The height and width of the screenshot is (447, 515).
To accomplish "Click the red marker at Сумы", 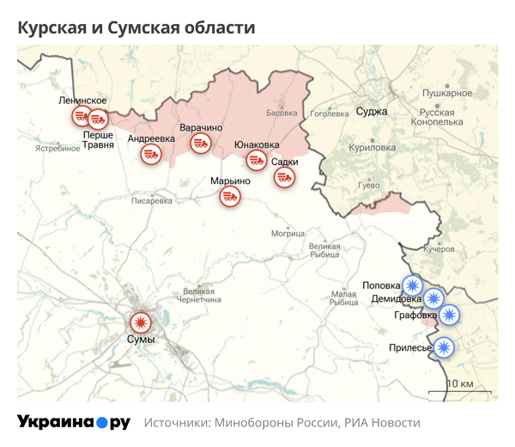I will coord(139,323).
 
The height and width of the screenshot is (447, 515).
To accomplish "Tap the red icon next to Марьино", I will coord(230,197).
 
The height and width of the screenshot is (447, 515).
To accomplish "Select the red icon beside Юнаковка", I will coord(256,160).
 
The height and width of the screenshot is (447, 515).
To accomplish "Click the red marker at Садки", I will coord(284,177).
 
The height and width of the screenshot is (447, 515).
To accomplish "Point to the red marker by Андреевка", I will coord(151,154).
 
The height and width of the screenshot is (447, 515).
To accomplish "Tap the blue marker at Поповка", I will coord(414,285).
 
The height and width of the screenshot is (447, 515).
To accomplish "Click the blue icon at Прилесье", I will coord(443,347).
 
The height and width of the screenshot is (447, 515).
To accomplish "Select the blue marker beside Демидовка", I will coord(433,299).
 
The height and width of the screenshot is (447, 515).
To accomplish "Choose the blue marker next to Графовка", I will coord(449,315).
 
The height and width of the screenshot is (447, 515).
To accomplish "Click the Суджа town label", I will coord(371,111).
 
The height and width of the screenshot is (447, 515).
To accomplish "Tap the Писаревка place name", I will coord(151,200).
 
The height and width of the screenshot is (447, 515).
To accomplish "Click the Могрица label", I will coord(288,233).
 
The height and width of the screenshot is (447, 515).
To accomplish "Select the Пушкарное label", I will coord(447,92).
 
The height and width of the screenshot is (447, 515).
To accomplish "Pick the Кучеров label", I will coord(439,248).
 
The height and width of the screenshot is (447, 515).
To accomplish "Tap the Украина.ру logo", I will coord(74,422).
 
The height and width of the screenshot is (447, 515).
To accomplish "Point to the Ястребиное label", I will coord(58,149).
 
